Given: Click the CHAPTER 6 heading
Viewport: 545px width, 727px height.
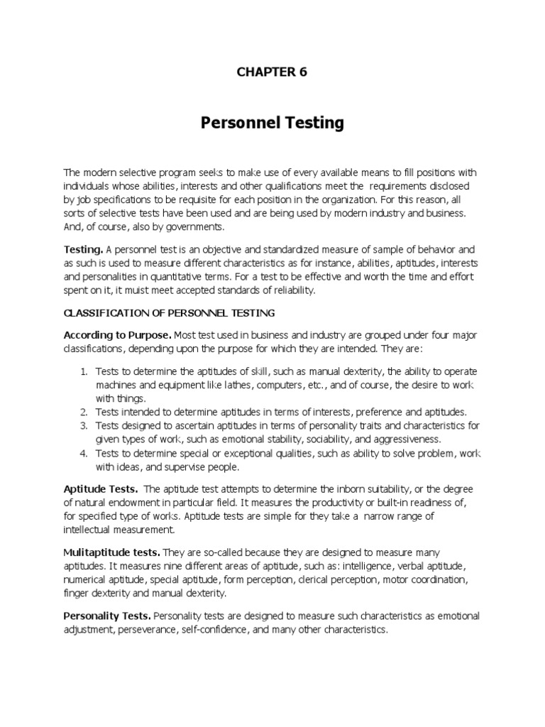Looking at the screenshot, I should click(x=272, y=72).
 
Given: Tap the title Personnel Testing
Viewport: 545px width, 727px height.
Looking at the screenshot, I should click(x=272, y=123).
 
